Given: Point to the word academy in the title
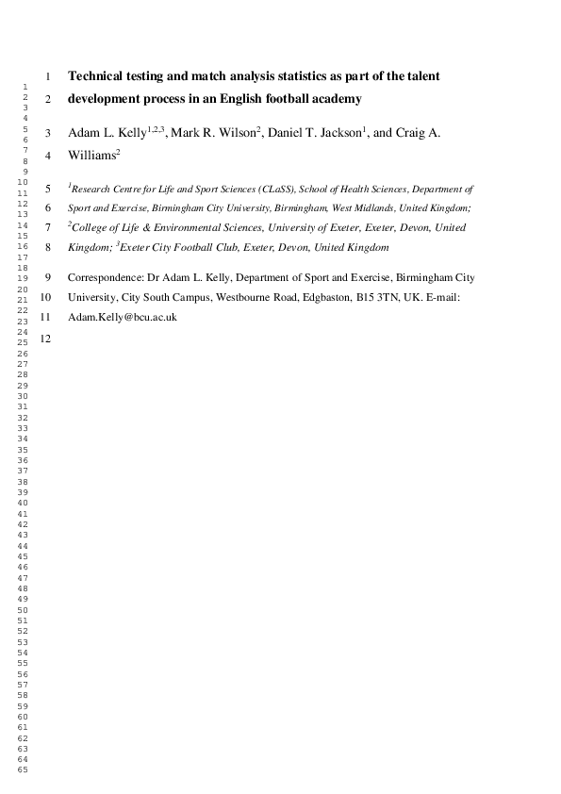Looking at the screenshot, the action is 336,98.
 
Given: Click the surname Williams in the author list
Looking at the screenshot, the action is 91,156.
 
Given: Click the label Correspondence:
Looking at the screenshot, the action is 103,278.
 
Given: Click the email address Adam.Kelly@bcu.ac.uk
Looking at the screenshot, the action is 123,318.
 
